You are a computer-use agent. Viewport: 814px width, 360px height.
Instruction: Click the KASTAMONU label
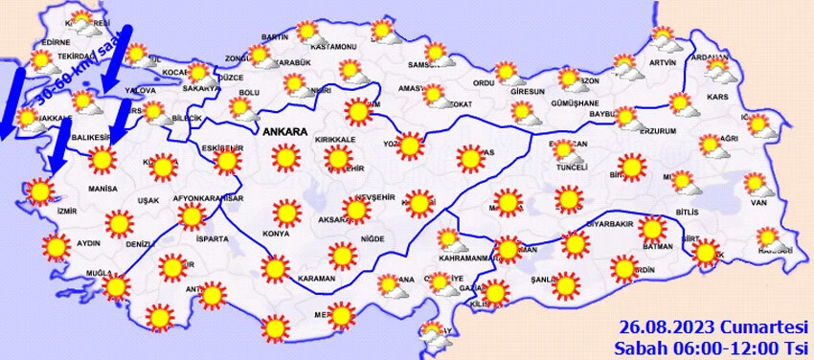(x=335, y=46)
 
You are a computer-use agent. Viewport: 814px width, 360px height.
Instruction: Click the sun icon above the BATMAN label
(x=653, y=230)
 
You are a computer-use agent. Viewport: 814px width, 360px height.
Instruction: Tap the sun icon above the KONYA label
(x=285, y=213)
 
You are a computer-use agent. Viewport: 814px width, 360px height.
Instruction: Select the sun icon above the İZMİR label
(x=40, y=191)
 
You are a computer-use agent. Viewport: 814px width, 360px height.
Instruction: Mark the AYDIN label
(x=88, y=243)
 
